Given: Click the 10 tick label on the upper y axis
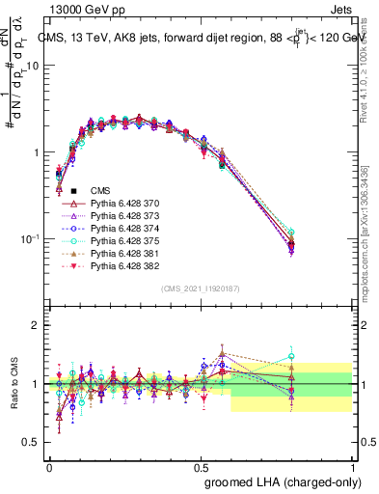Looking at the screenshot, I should click(x=32, y=66).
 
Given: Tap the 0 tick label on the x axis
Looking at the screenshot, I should click(x=49, y=466).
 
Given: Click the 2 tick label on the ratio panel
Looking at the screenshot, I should click(x=36, y=325).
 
